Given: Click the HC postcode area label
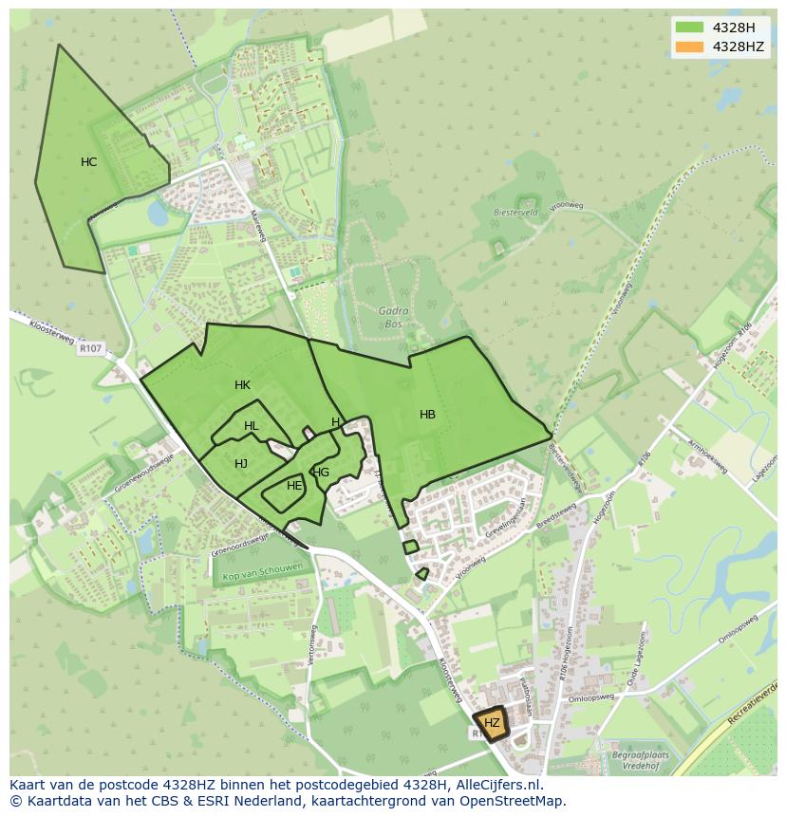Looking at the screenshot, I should coord(88,162).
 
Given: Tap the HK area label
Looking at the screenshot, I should coord(242,385).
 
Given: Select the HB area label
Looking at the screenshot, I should coord(427,415).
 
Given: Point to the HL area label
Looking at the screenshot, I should coord(251,427).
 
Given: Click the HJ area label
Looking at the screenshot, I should coord(241,464).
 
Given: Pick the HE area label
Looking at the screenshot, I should coord(294,486).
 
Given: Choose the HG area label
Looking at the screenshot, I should coord(321,473).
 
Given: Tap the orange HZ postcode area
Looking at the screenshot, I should coord(491,723).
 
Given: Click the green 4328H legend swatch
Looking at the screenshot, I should coord(690,27).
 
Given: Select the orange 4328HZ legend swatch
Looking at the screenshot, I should coord(690,46).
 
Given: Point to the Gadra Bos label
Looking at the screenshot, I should coord(392,315).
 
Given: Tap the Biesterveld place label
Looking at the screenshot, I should coord(515,213).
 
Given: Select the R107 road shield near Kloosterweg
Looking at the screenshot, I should coord(90,348).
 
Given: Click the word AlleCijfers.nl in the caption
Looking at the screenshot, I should coord(496,785).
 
